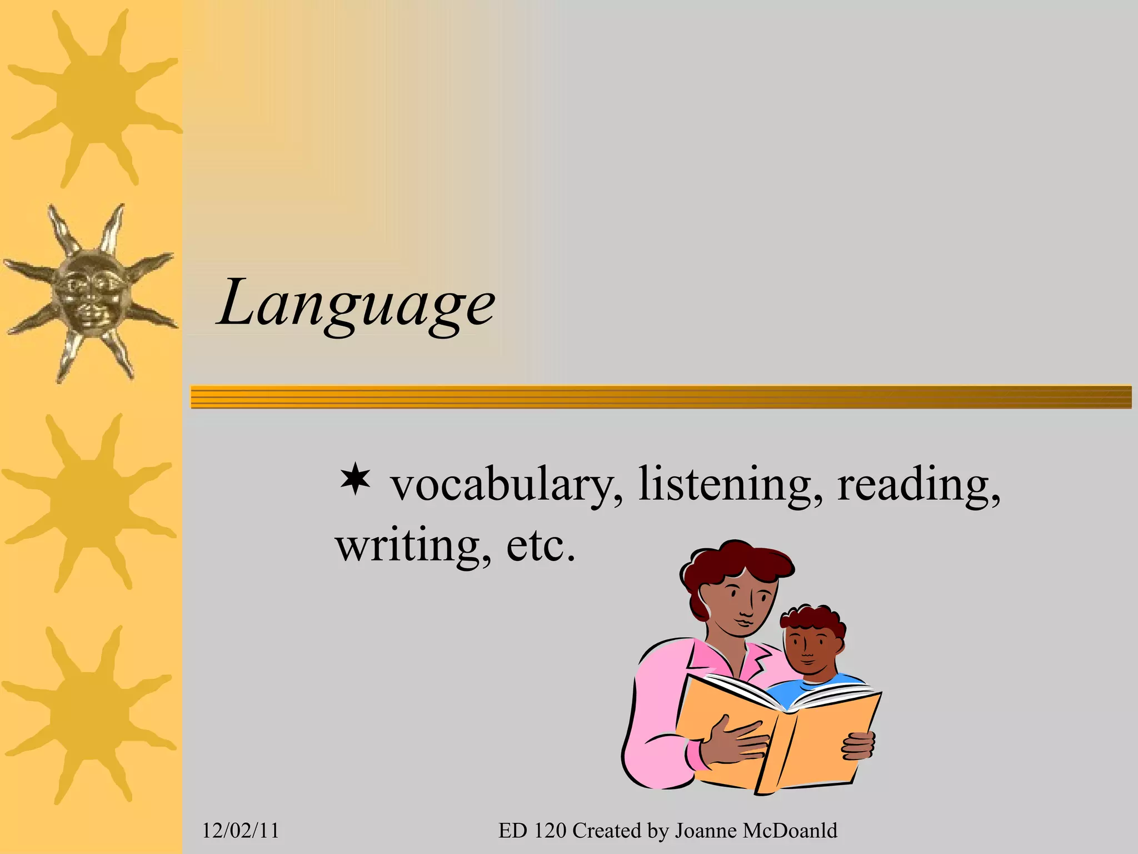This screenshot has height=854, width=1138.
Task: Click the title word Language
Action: [356, 305]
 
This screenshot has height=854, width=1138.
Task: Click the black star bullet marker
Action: [355, 481]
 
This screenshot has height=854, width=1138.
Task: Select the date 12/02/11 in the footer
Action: [240, 831]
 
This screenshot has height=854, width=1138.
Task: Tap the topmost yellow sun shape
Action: [92, 97]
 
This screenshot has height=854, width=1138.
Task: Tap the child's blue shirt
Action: [800, 692]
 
